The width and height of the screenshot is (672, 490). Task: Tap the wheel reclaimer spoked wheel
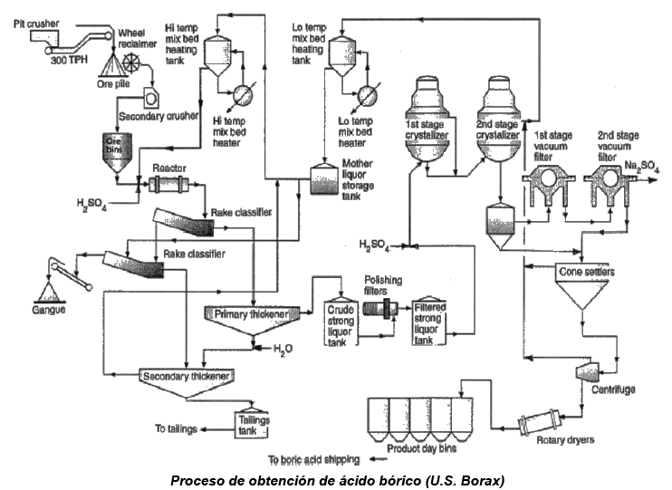pos(131,63)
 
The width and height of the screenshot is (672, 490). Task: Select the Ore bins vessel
pos(117,153)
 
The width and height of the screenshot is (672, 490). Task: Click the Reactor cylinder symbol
pos(168,185)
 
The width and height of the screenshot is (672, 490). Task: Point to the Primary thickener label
pos(251,314)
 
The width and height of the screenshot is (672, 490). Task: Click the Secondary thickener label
pos(186,376)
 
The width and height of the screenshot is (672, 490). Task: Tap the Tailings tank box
pos(253,425)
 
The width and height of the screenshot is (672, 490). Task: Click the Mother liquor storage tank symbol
pos(323,179)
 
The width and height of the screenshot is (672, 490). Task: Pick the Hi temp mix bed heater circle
pos(243,94)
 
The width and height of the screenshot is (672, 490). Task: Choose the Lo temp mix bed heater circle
pos(368,94)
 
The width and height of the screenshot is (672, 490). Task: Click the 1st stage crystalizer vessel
pos(427,120)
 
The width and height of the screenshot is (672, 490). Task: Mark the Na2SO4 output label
pos(641,167)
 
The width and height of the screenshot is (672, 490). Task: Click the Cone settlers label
pos(587,272)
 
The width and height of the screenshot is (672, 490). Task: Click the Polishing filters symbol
pos(380,308)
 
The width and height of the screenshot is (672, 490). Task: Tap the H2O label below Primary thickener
pos(283,349)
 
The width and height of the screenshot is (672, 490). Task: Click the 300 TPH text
pos(69,60)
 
